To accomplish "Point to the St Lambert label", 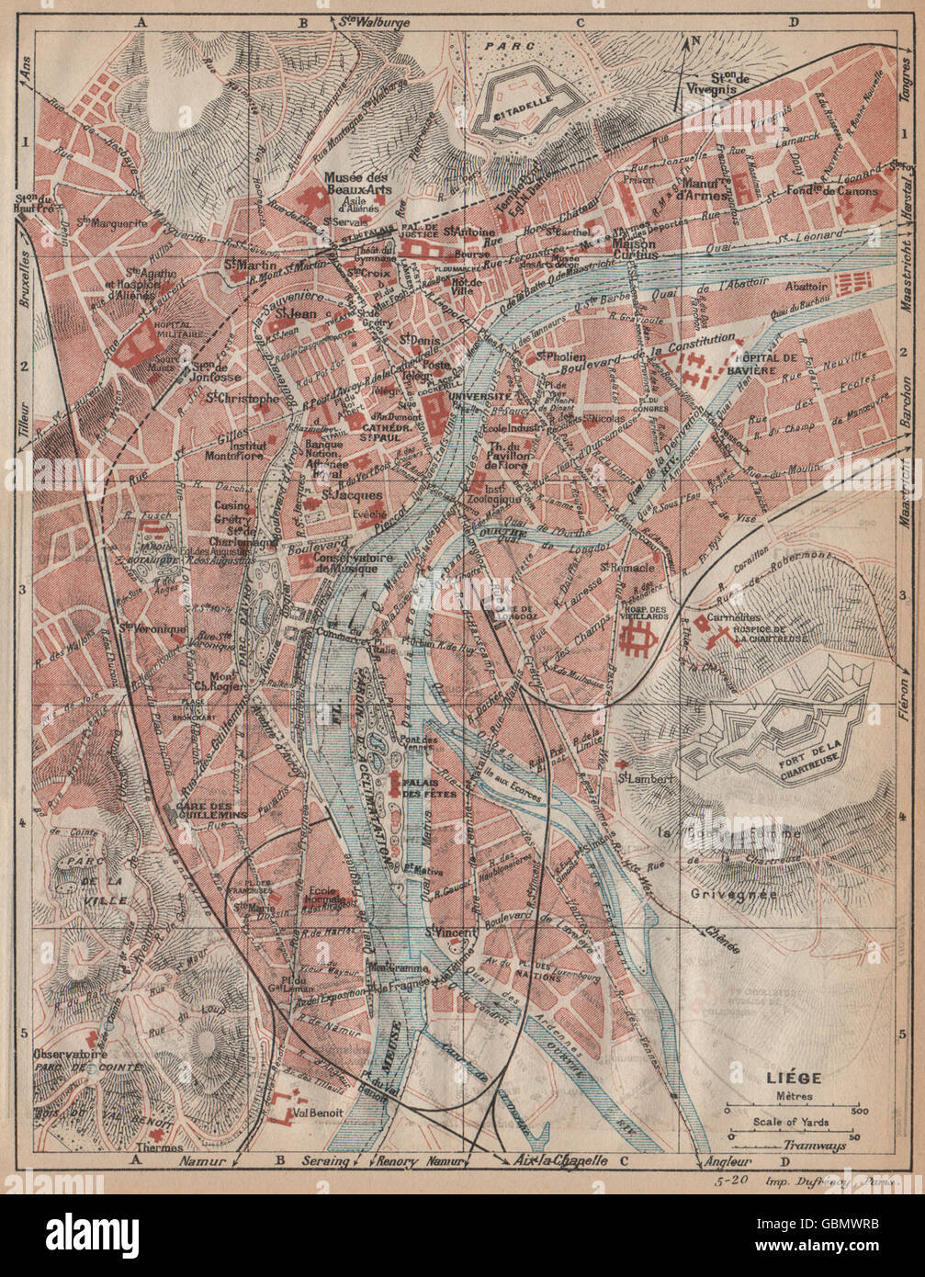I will (640, 778).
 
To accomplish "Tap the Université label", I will (480, 396).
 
